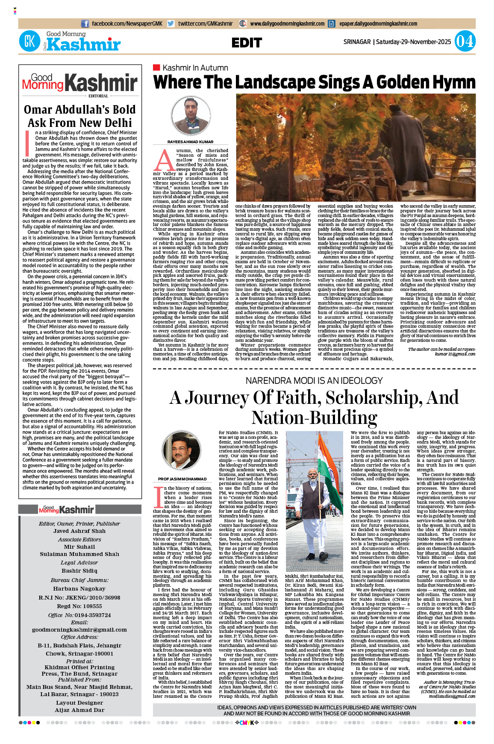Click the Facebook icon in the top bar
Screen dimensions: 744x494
pos(85,24)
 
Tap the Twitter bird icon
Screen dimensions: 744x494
pos(171,24)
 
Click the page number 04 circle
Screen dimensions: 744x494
pos(465,41)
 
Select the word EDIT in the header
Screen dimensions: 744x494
pos(247,43)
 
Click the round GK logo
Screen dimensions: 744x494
pos(29,41)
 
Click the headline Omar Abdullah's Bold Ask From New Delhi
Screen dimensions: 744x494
pos(80,116)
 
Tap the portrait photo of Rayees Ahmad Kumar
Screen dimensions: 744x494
pos(191,116)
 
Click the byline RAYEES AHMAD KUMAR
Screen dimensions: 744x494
pos(191,142)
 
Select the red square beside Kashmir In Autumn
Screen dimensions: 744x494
pos(156,68)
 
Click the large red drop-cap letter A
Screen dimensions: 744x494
pos(164,160)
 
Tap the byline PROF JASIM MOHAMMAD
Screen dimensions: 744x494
pos(182,479)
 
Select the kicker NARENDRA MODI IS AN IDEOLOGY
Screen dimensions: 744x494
pos(314,380)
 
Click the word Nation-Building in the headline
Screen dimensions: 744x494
pos(314,417)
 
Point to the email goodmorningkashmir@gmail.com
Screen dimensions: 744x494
pos(79,629)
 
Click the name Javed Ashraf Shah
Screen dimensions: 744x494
pos(79,531)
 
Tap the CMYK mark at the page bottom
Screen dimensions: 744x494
pos(247,723)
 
